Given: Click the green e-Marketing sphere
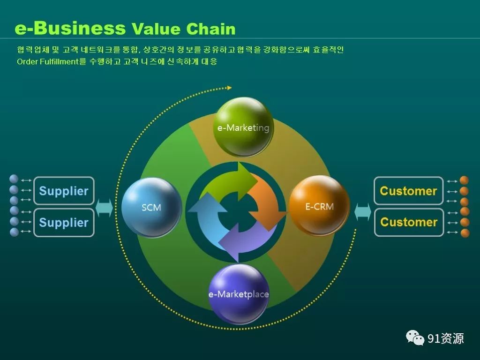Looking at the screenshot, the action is coord(243,127).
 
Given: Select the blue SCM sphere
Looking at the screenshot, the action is coord(151,207).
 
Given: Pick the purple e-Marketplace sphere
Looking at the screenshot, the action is coord(239,294).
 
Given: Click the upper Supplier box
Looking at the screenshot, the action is coord(64,191).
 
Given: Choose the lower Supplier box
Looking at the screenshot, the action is coord(64,223).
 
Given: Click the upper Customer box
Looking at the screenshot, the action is coord(409,191).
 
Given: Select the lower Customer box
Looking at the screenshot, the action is coord(409,222).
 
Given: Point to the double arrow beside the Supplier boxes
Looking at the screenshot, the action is coord(105,208).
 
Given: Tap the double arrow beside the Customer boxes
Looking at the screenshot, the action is coord(363,212).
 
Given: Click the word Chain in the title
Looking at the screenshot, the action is coord(211,29).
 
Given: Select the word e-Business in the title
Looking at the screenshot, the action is coord(70,28).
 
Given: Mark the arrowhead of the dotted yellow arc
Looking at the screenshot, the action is coord(229,88).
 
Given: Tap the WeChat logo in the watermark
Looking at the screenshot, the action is coord(415,337).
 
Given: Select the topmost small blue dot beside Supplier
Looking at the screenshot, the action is coord(14,179).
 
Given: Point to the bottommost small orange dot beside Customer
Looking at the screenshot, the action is coord(465,233).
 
